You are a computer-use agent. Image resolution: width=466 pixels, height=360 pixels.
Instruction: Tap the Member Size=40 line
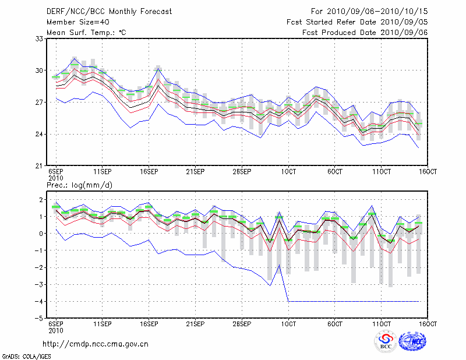coord(77,22)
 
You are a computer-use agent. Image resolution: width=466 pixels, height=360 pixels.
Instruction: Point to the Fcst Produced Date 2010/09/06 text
coord(365,32)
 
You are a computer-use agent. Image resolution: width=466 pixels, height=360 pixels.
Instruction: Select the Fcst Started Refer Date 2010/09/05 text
coord(357,22)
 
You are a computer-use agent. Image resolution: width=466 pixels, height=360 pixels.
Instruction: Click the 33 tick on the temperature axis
coord(40,38)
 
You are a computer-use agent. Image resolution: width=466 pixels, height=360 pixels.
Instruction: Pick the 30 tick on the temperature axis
coord(40,70)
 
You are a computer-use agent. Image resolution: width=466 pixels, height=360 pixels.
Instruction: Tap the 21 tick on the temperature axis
coord(40,166)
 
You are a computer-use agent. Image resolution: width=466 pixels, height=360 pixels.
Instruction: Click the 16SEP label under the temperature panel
coord(149,172)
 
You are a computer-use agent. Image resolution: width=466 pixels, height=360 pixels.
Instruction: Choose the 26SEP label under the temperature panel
coord(242,172)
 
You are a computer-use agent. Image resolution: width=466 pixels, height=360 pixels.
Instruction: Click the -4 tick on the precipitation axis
coord(39,302)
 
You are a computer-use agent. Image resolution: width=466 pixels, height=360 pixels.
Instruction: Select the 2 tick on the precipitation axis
coord(41,200)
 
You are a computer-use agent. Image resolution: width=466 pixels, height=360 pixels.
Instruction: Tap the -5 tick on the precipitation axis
coord(39,319)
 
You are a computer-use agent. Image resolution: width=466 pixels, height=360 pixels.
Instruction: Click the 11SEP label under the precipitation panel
coord(103,324)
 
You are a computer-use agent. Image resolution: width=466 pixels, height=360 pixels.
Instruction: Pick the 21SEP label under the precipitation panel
coord(195,324)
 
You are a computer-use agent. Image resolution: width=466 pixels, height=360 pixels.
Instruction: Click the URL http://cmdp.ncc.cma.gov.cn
coord(96,344)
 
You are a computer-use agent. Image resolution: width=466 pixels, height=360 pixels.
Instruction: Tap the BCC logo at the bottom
coord(385,342)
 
